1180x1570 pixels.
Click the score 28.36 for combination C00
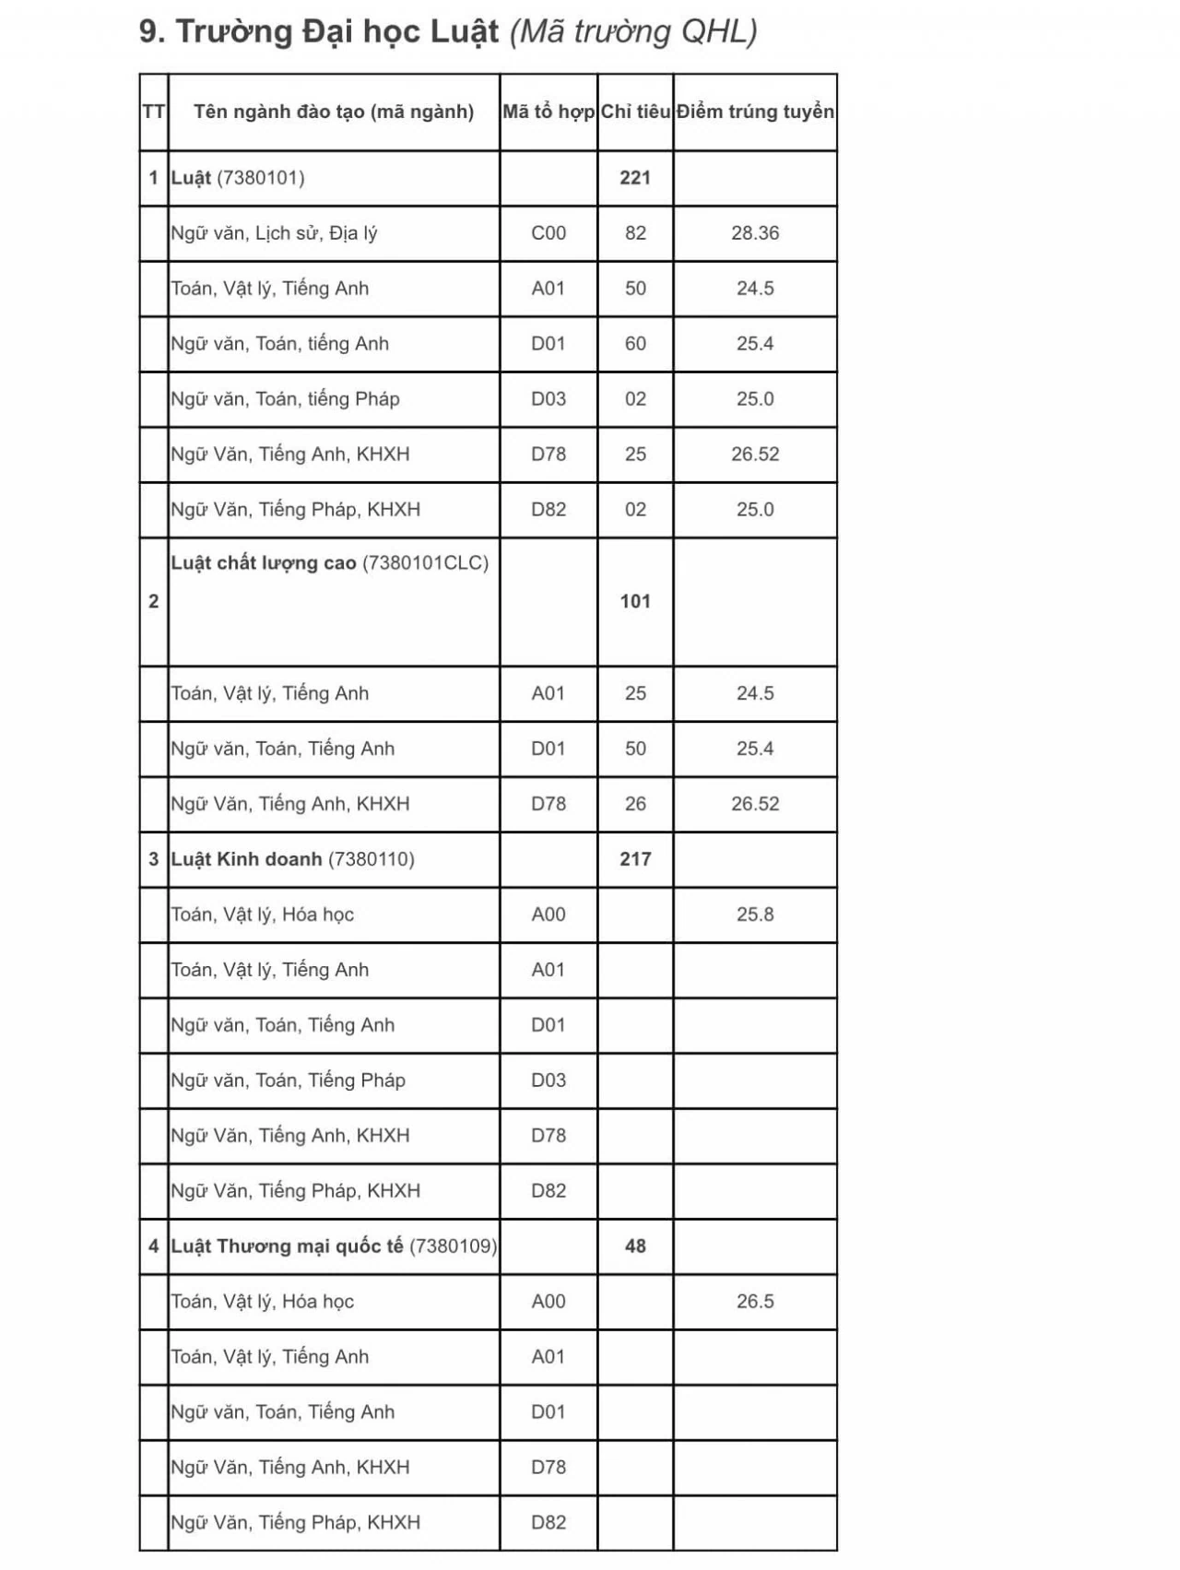point(754,233)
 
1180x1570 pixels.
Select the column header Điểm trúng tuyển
point(754,112)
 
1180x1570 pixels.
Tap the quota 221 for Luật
point(635,178)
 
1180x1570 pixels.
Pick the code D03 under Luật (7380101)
point(548,399)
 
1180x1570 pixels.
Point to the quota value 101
point(635,601)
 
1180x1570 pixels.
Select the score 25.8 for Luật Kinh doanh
point(754,915)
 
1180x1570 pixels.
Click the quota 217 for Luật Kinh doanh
point(635,859)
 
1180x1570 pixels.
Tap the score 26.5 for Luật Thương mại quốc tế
point(754,1302)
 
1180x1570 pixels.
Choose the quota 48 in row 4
point(635,1246)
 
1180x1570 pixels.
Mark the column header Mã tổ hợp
point(548,112)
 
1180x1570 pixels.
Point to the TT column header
point(153,112)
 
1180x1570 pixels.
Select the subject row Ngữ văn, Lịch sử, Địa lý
point(274,233)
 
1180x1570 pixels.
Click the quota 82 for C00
point(635,233)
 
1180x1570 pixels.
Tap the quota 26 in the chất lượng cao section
point(635,804)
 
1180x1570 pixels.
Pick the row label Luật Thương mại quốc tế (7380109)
point(333,1246)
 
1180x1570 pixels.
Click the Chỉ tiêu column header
point(635,112)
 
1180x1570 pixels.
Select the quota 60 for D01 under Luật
point(635,344)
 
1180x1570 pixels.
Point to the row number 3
point(153,859)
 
